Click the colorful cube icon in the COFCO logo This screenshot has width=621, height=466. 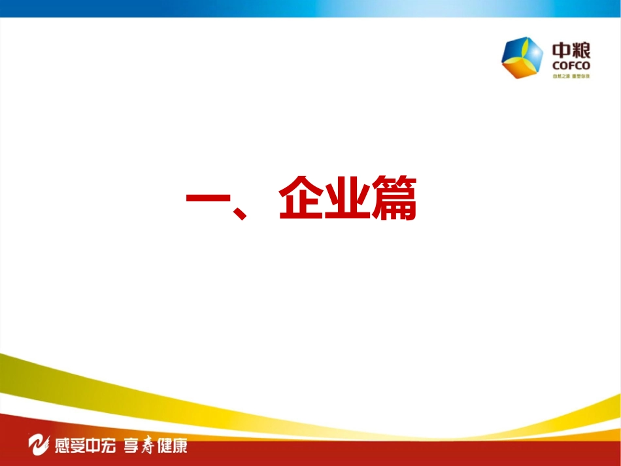[522, 57]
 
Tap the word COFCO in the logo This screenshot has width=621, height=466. [571, 65]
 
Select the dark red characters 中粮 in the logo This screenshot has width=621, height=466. [571, 50]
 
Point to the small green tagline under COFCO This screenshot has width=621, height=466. [571, 76]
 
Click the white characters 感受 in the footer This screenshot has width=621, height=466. [69, 446]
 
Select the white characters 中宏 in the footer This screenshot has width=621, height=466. [102, 446]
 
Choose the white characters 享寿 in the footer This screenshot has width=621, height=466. [139, 446]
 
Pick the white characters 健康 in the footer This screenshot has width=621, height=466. [172, 446]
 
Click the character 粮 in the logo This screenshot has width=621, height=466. [581, 50]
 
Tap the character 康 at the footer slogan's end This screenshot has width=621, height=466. [180, 446]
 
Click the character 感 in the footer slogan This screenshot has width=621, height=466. [61, 446]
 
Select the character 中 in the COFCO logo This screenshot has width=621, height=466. [562, 50]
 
